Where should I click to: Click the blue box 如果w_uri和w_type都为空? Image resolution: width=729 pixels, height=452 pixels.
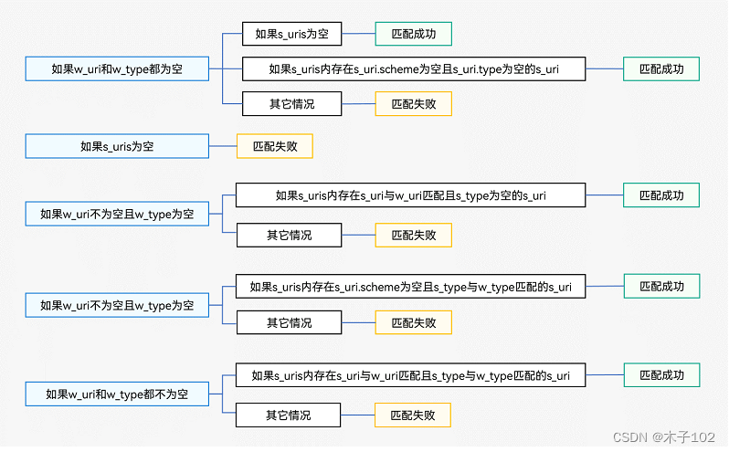click(x=117, y=68)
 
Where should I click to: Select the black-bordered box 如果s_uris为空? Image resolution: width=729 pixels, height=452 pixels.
click(x=291, y=35)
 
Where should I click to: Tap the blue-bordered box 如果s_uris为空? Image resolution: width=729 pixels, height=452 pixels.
click(x=117, y=146)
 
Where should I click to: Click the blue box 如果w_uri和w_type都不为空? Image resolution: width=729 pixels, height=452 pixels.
click(x=117, y=394)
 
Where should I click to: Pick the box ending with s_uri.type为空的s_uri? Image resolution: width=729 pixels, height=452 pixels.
click(x=413, y=68)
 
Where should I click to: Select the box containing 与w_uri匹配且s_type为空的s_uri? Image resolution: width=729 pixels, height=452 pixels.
click(x=410, y=194)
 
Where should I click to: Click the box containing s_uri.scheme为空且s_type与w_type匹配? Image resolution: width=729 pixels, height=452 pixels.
click(x=410, y=287)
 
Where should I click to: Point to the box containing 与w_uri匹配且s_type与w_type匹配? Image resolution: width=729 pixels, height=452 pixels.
click(x=410, y=375)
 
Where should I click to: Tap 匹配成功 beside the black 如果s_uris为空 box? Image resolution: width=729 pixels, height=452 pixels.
click(x=413, y=35)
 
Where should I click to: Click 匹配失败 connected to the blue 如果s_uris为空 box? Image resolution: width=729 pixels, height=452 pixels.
click(x=274, y=146)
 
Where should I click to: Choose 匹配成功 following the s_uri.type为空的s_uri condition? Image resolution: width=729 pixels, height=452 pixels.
click(x=661, y=68)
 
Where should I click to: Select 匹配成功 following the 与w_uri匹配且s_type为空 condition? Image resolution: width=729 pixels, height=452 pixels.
click(x=661, y=194)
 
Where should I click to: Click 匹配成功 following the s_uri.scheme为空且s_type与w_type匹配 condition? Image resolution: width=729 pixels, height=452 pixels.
click(x=661, y=287)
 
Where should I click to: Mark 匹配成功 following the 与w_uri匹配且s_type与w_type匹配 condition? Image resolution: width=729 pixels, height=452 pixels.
click(x=661, y=375)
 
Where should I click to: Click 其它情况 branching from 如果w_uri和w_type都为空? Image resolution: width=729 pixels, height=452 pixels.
click(x=291, y=104)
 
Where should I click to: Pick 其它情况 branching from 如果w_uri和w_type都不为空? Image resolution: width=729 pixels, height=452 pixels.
click(x=289, y=415)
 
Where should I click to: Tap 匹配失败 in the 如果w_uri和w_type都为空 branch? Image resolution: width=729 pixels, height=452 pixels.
click(x=413, y=104)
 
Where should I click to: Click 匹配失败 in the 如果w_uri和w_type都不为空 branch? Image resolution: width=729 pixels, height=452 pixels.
click(x=413, y=415)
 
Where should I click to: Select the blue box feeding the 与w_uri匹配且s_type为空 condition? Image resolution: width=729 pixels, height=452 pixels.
click(x=117, y=215)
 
